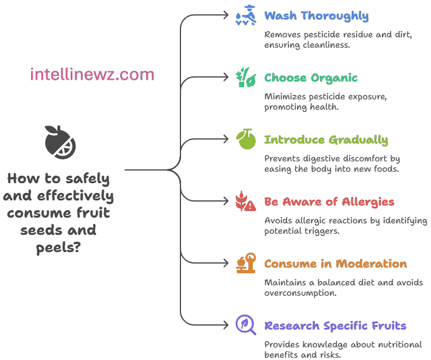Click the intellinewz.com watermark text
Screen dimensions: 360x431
coord(92,74)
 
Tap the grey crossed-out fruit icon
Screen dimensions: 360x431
coord(60,141)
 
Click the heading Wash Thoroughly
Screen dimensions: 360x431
coord(316,16)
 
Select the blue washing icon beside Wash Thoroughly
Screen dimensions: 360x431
coord(246,16)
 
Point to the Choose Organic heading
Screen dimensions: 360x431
coord(310,78)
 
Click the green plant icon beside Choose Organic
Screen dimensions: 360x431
coord(246,78)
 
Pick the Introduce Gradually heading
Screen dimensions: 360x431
coord(326,140)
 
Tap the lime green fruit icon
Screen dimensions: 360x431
coord(246,140)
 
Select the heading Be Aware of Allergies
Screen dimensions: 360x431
coord(329,202)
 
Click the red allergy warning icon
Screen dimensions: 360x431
coord(246,202)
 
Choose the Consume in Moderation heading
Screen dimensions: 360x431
coord(335,264)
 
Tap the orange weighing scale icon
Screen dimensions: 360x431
coord(246,264)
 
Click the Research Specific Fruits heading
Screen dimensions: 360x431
coord(335,326)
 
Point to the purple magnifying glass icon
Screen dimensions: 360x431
coord(246,325)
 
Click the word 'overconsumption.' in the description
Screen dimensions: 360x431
coord(299,293)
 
